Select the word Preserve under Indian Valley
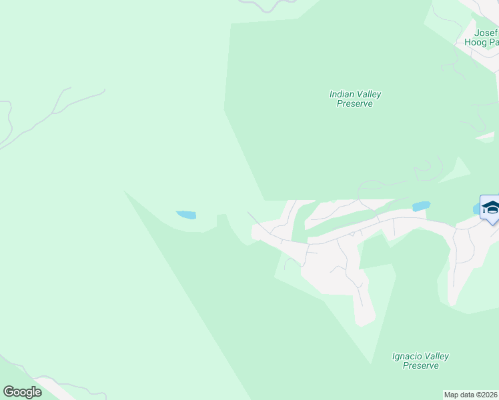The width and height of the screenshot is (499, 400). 354,104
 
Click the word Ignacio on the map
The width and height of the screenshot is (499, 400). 407,357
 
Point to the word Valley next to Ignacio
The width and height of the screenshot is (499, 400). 436,357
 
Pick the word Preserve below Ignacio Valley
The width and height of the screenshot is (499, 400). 421,366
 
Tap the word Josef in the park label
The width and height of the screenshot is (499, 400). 486,33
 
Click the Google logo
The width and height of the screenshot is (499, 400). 22,392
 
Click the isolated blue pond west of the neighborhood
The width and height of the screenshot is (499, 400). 186,215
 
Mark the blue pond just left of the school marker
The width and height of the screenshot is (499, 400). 421,207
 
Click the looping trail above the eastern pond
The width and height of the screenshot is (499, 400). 428,171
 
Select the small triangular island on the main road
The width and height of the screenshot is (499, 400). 352,233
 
